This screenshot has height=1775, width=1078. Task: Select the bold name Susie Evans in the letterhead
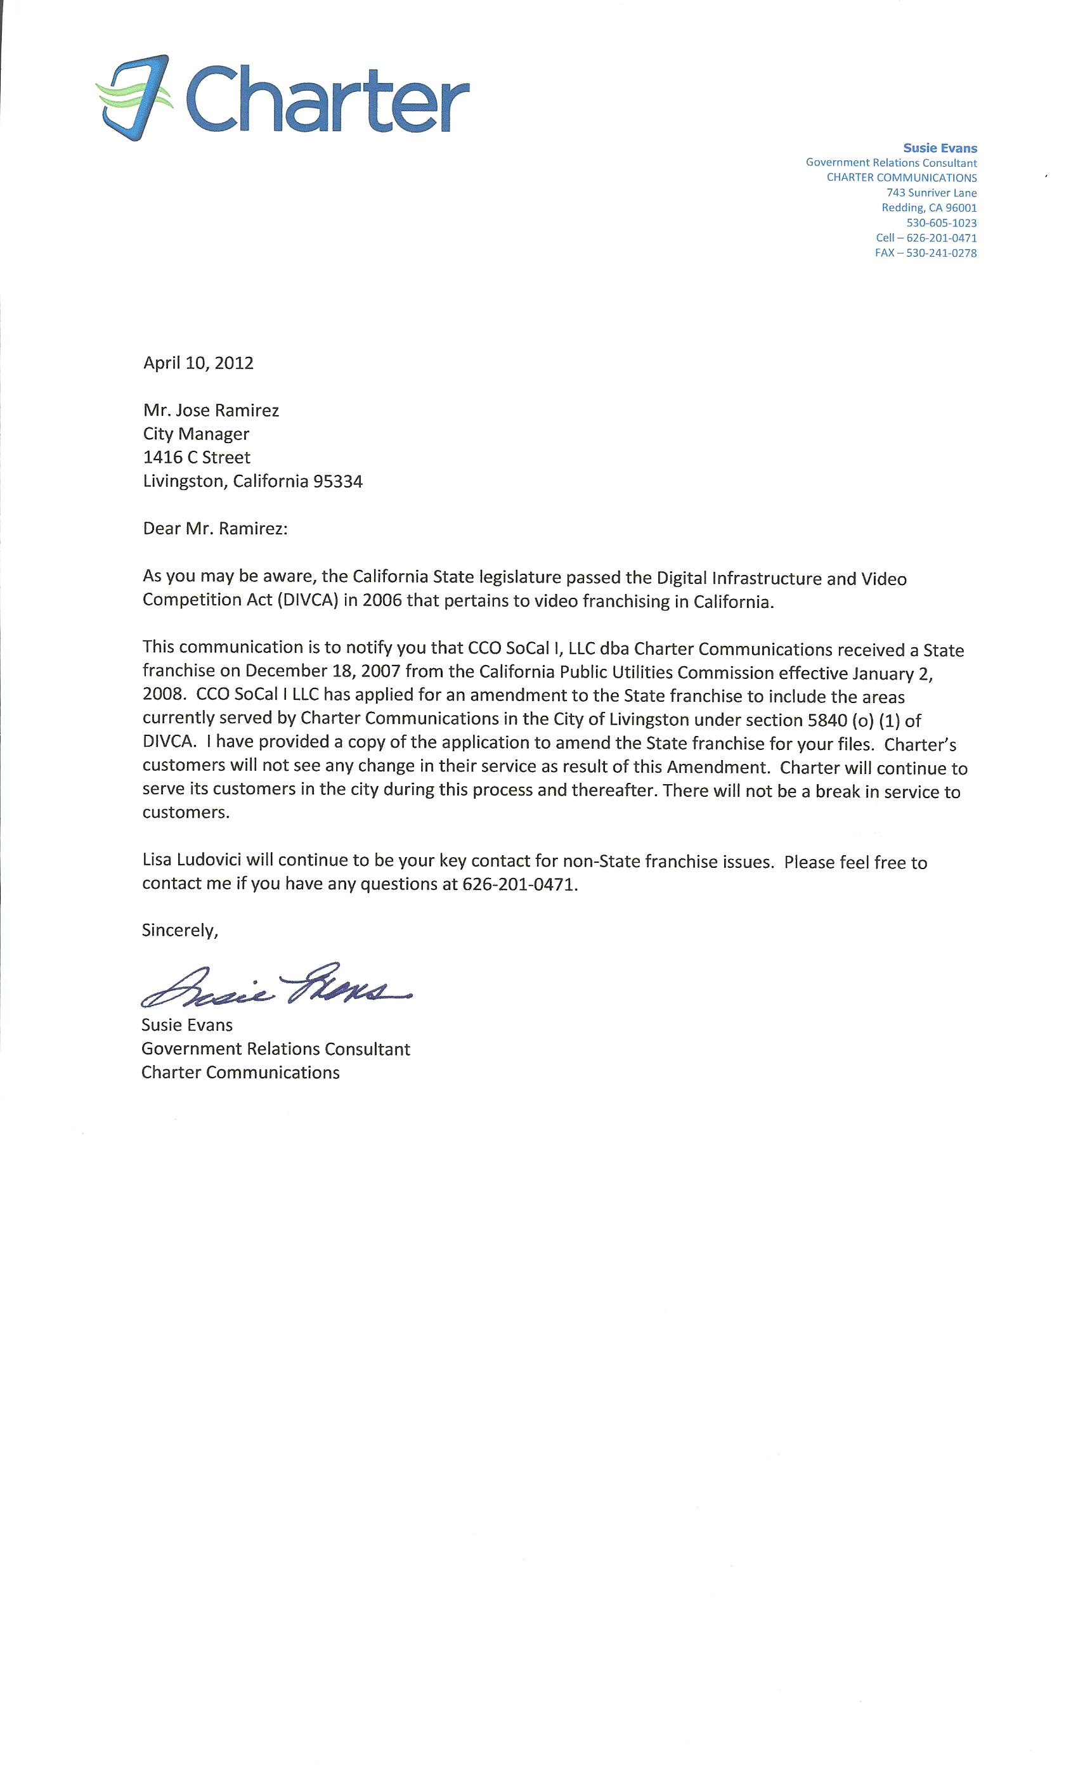[x=940, y=148]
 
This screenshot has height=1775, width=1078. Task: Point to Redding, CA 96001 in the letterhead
[x=929, y=208]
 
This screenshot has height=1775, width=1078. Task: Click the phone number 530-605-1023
[x=941, y=223]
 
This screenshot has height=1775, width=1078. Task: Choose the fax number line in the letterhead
[x=925, y=253]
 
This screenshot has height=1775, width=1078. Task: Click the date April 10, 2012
[x=198, y=363]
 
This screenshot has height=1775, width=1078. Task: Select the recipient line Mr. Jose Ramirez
[x=211, y=411]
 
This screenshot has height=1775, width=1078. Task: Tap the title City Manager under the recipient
[x=196, y=434]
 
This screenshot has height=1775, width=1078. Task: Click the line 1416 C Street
[x=197, y=458]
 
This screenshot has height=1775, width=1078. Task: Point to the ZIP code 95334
[x=337, y=481]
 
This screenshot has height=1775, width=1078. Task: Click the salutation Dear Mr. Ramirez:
[x=215, y=529]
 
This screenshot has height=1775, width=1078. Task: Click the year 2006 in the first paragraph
[x=382, y=601]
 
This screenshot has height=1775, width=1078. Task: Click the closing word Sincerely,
[x=179, y=930]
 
